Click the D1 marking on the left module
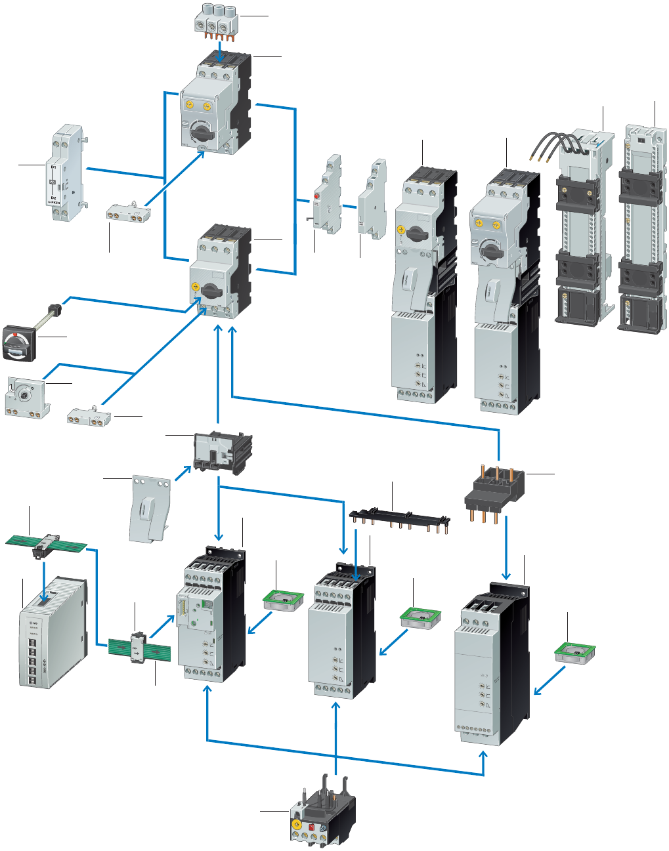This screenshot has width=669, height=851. coord(53,168)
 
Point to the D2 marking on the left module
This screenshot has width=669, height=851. coord(53,197)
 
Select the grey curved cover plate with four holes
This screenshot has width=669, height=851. coord(151,508)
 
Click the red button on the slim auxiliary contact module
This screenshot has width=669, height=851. coord(316,196)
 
